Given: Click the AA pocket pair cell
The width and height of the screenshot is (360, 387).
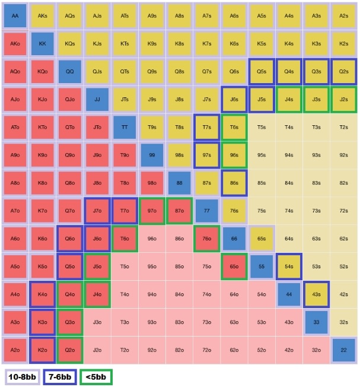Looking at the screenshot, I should pos(15,16).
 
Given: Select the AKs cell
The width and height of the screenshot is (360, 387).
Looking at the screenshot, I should pos(42,16).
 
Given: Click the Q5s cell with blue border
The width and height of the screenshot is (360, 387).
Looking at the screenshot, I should pos(262,71).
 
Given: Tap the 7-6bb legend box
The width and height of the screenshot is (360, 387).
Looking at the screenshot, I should pos(58,376).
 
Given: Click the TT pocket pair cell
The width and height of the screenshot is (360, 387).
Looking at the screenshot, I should pos(125,127).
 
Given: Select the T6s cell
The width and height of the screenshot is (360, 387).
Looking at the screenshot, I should pos(234,127).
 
